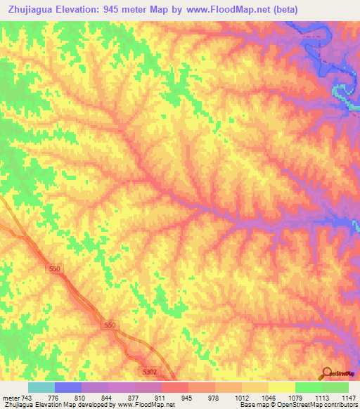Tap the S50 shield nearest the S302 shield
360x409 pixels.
pyautogui.click(x=110, y=325)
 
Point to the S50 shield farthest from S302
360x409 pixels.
pyautogui.click(x=56, y=269)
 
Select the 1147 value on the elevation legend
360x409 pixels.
pyautogui.click(x=348, y=398)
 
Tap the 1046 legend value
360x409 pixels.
pyautogui.click(x=268, y=398)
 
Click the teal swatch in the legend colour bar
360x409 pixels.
pyautogui.click(x=41, y=387)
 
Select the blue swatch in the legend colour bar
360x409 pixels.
pyautogui.click(x=67, y=387)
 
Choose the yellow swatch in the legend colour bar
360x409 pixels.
pyautogui.click(x=281, y=387)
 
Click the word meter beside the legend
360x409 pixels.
pyautogui.click(x=11, y=398)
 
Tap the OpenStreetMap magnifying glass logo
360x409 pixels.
pyautogui.click(x=326, y=373)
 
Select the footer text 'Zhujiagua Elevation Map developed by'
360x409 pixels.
pyautogui.click(x=49, y=405)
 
